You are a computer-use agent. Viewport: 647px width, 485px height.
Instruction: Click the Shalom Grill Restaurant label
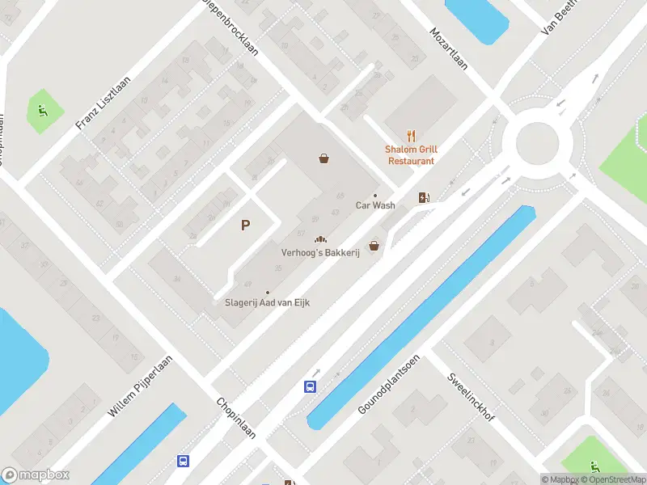411,155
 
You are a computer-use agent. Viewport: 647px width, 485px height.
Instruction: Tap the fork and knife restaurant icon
411,137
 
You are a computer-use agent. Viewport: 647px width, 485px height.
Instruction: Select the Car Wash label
375,205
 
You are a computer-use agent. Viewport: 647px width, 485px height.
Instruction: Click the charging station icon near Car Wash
424,197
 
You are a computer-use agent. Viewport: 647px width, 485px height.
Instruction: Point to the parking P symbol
245,226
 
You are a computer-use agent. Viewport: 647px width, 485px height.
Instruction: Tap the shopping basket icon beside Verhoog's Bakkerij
374,246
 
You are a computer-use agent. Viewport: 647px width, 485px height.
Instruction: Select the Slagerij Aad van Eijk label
267,303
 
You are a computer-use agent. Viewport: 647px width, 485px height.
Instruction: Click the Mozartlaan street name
448,49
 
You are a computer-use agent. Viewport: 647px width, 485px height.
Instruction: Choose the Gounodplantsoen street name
389,384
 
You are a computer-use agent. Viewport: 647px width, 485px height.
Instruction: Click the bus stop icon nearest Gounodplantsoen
310,386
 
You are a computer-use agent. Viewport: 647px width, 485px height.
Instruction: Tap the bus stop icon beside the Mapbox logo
184,462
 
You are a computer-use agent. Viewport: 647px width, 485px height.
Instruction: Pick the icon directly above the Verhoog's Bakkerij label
320,239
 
